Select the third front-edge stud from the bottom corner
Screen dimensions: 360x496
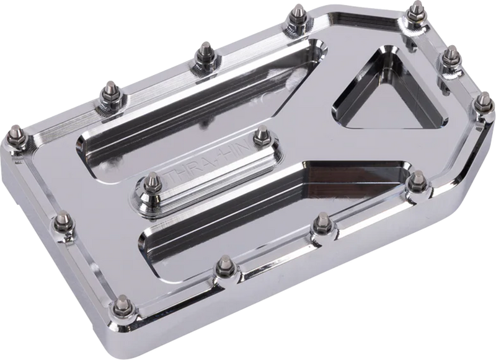321,221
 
